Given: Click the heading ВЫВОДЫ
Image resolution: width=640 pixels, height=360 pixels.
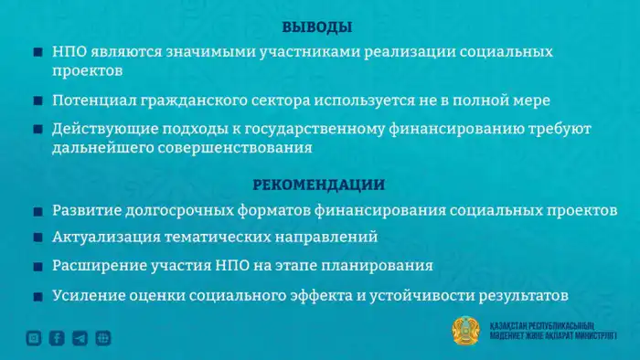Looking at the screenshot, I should click(x=317, y=27).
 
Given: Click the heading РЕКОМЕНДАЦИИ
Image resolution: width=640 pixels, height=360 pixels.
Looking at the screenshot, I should click(x=318, y=185).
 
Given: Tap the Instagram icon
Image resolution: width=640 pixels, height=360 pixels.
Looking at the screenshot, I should click(x=34, y=338).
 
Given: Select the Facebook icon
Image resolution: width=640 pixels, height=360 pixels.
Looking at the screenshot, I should click(x=57, y=338).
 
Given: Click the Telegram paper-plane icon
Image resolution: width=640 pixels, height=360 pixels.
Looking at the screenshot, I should click(x=80, y=338).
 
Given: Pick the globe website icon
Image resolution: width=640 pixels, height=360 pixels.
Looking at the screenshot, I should click(x=103, y=338).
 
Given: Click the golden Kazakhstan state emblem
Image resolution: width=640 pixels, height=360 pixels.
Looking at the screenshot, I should click(x=466, y=332).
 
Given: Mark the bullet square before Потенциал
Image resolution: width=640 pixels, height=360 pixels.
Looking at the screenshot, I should click(x=37, y=101).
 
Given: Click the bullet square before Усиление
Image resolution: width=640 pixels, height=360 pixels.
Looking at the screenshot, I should click(x=37, y=297).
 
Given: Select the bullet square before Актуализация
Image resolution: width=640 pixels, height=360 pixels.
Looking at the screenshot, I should click(x=37, y=238).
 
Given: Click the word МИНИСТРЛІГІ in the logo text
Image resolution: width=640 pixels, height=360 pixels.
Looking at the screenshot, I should click(x=588, y=337).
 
